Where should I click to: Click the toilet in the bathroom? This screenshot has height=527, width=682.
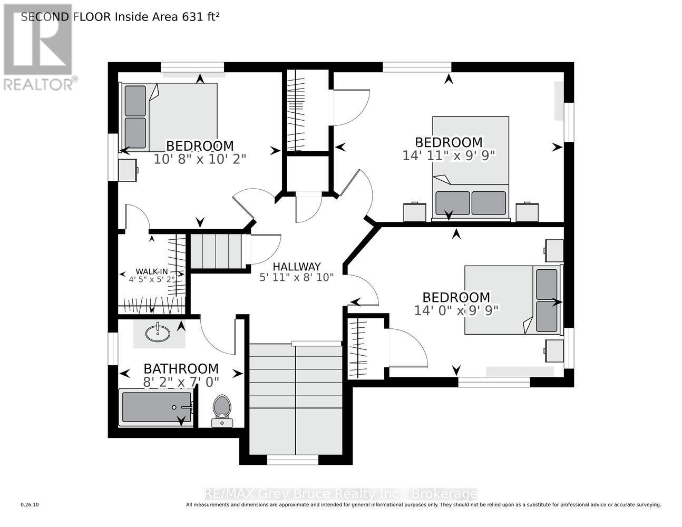pyautogui.click(x=222, y=411)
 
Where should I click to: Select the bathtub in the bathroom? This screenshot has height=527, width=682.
pyautogui.click(x=156, y=407)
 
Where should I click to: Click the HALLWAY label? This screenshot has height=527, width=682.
pyautogui.click(x=297, y=267)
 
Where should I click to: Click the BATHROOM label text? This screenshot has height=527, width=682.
pyautogui.click(x=181, y=368)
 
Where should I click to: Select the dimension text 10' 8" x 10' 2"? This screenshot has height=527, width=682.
pyautogui.click(x=200, y=158)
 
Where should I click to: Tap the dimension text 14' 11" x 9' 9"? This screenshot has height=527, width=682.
pyautogui.click(x=449, y=155)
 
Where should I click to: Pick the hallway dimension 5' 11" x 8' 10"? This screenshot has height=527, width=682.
pyautogui.click(x=297, y=277)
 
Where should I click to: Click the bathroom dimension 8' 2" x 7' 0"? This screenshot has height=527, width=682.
pyautogui.click(x=181, y=380)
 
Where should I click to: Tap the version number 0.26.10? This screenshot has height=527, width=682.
pyautogui.click(x=30, y=505)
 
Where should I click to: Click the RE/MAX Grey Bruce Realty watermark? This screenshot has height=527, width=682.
pyautogui.click(x=340, y=494)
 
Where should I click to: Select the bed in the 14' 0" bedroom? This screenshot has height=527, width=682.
pyautogui.click(x=511, y=299)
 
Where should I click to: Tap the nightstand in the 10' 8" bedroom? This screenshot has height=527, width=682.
pyautogui.click(x=128, y=170)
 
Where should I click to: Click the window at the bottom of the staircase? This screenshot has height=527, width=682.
pyautogui.click(x=293, y=460)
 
